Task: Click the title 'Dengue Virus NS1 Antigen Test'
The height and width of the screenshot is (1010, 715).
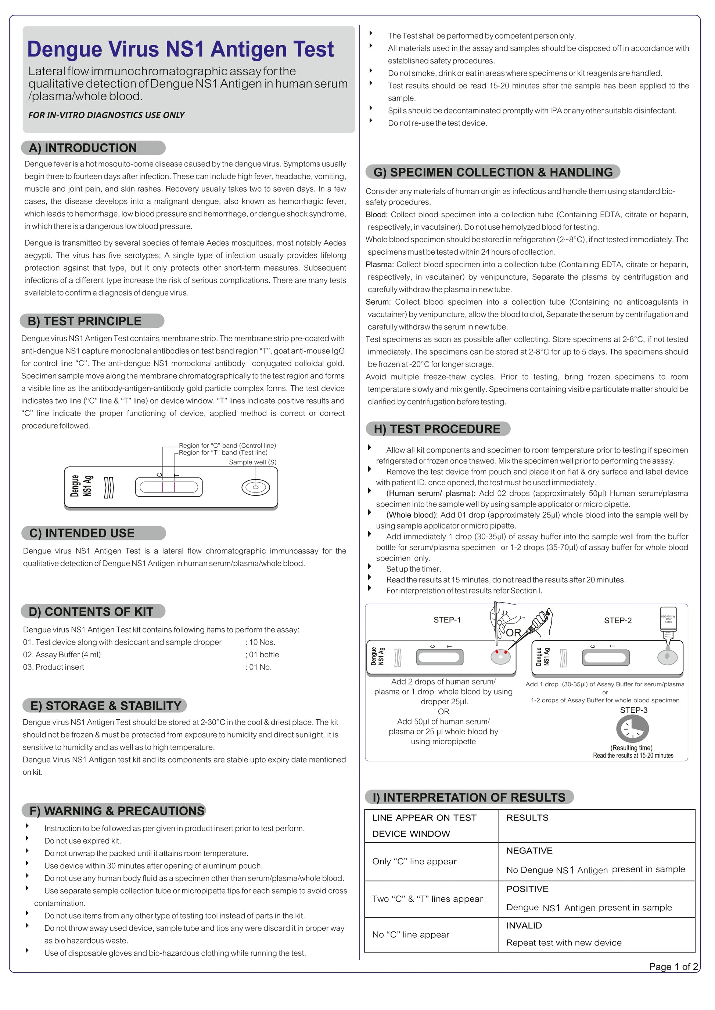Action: pos(180,49)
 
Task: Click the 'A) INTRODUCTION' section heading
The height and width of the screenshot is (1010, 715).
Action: pos(83,148)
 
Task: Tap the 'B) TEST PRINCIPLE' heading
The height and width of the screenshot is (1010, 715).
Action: pos(85,321)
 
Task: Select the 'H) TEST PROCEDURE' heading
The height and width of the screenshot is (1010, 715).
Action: pos(437,429)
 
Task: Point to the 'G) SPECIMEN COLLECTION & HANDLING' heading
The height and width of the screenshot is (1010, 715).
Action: pos(493,172)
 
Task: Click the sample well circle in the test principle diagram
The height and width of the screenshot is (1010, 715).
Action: pos(255,487)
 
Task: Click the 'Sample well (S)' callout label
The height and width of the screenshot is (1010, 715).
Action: pos(252,462)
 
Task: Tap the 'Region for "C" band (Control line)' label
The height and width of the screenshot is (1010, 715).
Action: pos(227,446)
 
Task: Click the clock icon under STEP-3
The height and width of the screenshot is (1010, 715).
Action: pos(632,729)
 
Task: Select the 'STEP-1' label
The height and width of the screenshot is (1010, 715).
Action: pos(447,620)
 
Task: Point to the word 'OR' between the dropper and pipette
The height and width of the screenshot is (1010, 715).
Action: pos(513,633)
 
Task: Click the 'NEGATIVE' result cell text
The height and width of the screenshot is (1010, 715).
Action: pos(529,851)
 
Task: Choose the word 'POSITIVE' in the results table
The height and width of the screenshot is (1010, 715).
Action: pos(527,889)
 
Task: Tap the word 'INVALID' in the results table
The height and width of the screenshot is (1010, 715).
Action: pos(524,926)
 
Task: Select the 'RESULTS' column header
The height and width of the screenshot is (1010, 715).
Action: pos(527,818)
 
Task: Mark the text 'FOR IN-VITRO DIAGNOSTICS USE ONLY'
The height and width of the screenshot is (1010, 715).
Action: pos(106,115)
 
